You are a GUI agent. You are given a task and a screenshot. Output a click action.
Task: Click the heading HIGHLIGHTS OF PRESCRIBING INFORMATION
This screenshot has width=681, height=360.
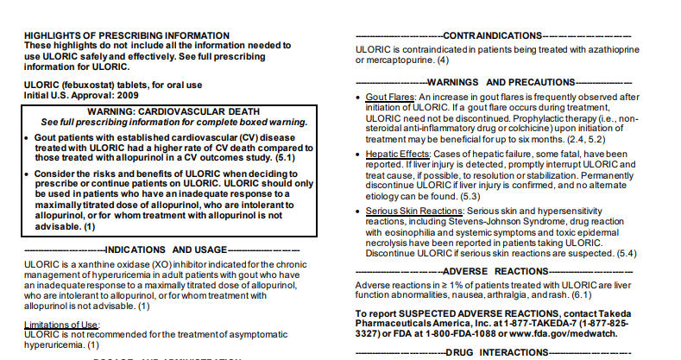coord(127,35)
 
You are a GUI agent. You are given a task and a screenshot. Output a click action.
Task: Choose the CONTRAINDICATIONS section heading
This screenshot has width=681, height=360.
coord(491,36)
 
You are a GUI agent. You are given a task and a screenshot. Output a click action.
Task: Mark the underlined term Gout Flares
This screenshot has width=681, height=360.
coord(390,97)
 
